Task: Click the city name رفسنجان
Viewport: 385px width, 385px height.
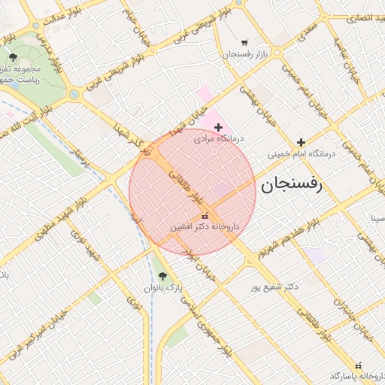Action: (291, 184)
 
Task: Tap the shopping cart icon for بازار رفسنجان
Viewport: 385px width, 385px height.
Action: (244, 43)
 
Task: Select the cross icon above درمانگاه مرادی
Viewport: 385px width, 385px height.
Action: (218, 128)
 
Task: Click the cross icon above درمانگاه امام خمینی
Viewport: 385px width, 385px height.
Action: (301, 141)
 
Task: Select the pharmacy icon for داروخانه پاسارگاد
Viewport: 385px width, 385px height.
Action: (358, 364)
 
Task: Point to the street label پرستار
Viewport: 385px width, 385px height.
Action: (80, 158)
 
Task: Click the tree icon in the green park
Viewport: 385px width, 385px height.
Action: (13, 57)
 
